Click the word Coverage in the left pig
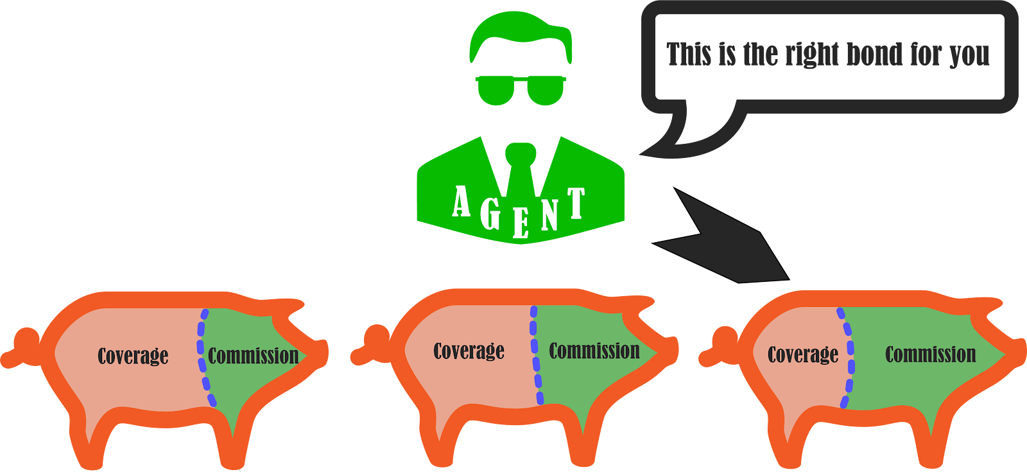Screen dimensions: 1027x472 [133, 356]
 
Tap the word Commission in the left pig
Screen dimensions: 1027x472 [254, 356]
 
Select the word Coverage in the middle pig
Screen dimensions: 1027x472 [469, 351]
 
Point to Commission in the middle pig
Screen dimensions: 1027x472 [594, 351]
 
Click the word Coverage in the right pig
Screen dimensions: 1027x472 [803, 354]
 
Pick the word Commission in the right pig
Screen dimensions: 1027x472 [931, 354]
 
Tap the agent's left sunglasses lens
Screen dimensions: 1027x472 [496, 90]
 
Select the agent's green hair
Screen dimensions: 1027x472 [520, 35]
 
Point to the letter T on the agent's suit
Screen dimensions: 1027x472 [576, 204]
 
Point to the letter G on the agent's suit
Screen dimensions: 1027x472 [491, 213]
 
